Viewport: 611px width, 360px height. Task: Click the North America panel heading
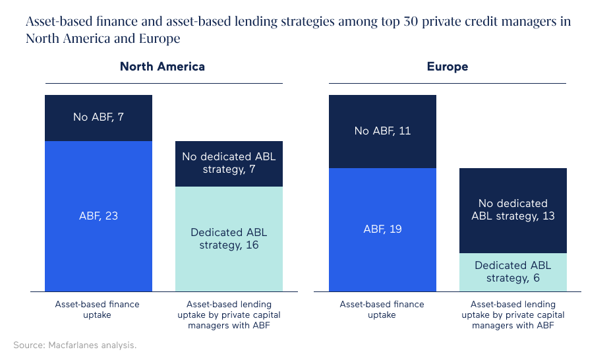point(162,67)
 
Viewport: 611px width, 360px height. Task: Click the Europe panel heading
point(448,67)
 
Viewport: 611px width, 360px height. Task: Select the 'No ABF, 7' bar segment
point(98,118)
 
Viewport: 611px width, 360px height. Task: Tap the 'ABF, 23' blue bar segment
point(98,216)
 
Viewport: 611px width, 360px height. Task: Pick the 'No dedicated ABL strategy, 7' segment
point(229,164)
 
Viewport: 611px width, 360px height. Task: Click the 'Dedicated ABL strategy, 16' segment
point(229,239)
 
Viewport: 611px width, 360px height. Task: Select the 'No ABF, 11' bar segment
point(382,131)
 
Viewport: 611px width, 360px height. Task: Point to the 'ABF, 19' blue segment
point(382,229)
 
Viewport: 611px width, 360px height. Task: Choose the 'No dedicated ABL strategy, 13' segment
point(513,210)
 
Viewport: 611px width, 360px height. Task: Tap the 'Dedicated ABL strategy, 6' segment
point(513,272)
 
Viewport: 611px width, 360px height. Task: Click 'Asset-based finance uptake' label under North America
point(98,309)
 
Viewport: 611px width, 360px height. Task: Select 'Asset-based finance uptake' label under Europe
point(382,309)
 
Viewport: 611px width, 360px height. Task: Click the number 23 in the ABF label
point(111,216)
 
